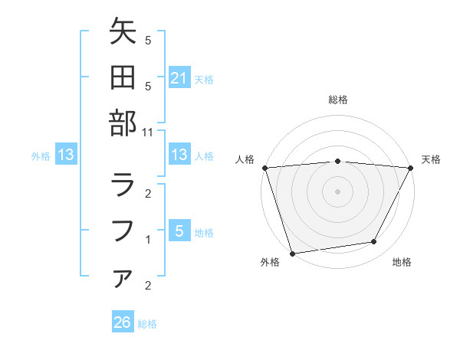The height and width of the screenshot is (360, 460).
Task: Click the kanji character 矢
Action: click(123, 33)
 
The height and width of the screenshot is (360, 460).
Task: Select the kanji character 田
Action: click(123, 77)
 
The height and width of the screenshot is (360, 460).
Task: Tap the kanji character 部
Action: click(123, 123)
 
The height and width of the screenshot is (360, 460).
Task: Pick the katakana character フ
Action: click(123, 230)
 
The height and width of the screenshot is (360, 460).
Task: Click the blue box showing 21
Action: click(179, 78)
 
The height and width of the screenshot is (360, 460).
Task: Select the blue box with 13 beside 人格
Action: click(179, 155)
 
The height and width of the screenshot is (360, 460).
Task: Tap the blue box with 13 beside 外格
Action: click(66, 155)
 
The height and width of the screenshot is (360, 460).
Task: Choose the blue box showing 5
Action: click(179, 231)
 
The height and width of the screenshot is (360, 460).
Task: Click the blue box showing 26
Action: click(122, 323)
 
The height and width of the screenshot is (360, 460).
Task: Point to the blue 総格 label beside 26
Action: click(147, 324)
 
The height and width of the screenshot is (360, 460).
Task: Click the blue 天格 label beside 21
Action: click(204, 79)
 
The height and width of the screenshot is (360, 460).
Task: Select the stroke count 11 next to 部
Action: click(148, 132)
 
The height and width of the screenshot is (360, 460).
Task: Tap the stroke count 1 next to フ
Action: click(148, 240)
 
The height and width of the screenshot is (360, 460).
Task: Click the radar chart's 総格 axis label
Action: click(337, 100)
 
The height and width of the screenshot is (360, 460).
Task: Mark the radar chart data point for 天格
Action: click(410, 168)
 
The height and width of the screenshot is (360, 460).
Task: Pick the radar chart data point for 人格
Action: click(264, 168)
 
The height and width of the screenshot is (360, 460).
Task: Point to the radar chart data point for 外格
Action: click(292, 253)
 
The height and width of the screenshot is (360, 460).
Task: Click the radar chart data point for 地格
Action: click(374, 242)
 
